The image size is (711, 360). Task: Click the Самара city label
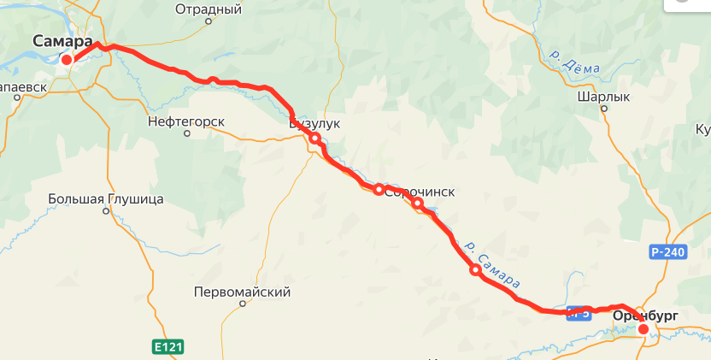click(x=63, y=40)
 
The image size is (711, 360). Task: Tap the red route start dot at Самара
click(x=67, y=59)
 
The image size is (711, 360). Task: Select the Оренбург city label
click(x=645, y=316)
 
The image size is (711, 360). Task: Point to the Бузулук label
click(x=314, y=124)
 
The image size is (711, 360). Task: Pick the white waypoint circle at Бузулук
click(x=314, y=139)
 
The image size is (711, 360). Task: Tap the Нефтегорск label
click(x=185, y=121)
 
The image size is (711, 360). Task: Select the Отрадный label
click(x=209, y=9)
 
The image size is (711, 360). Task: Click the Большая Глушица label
click(x=105, y=199)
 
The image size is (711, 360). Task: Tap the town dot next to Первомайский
click(x=243, y=303)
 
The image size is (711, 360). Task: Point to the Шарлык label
click(x=602, y=97)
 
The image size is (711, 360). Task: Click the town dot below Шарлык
click(x=603, y=110)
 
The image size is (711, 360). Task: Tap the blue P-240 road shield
click(x=667, y=252)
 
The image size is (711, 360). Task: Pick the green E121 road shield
click(x=168, y=346)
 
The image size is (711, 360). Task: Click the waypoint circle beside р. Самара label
click(x=475, y=270)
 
